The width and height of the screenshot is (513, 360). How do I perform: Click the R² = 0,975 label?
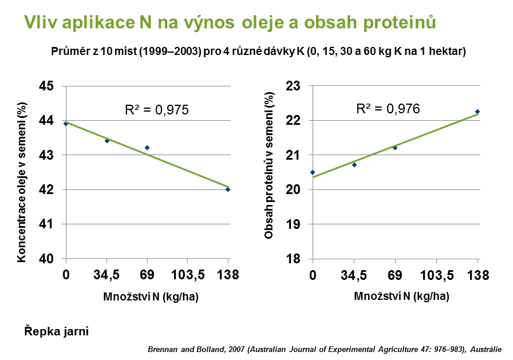tap(156, 110)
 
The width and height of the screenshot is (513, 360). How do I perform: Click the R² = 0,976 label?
tap(388, 109)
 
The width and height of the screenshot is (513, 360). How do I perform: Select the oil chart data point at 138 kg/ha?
tap(228, 189)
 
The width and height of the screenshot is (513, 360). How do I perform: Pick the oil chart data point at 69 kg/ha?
tap(147, 148)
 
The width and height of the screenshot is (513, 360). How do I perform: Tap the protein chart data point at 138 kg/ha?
tap(477, 112)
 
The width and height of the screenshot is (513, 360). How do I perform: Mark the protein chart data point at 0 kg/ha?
tap(313, 172)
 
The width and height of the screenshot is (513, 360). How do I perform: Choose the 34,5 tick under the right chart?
tap(354, 276)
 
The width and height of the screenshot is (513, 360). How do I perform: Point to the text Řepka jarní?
tap(57, 331)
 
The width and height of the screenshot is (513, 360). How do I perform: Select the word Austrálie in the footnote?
tap(486, 350)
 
